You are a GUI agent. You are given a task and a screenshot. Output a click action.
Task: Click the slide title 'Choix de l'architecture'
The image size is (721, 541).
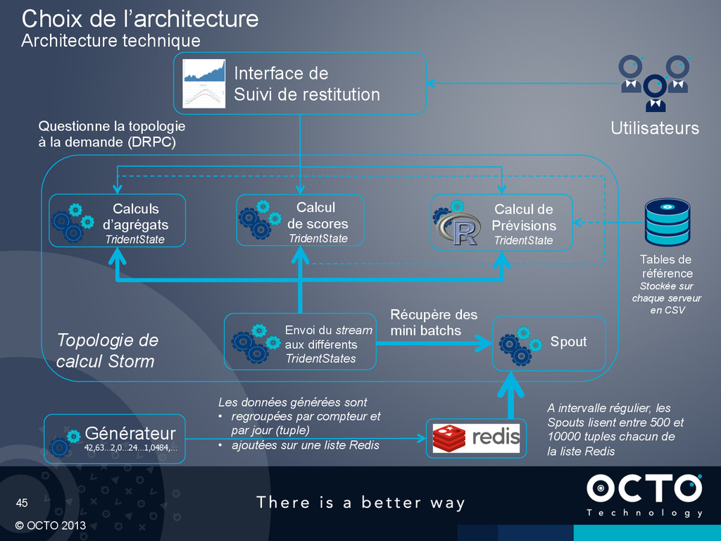point(139,18)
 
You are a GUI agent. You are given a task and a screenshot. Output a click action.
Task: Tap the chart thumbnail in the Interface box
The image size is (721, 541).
point(203,83)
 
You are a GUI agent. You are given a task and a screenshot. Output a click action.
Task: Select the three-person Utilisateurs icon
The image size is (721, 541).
point(654,82)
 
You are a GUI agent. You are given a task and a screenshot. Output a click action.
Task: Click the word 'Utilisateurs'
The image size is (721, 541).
point(654,128)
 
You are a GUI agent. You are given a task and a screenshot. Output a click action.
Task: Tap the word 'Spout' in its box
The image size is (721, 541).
point(568,342)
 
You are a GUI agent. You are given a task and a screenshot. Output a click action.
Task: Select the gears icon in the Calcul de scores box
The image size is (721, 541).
point(256,219)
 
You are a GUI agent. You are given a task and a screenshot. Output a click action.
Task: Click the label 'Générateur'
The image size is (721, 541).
point(130,432)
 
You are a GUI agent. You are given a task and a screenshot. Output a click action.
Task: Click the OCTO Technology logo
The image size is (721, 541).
point(644,495)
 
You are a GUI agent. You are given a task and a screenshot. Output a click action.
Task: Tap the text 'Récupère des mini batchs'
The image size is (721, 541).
point(434,322)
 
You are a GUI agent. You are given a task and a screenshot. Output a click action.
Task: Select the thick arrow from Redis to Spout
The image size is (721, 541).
point(510,394)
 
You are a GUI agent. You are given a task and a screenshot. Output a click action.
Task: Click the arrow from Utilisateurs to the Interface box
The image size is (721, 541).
point(521,84)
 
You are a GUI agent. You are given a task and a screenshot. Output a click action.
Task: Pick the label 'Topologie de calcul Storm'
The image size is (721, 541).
point(107,351)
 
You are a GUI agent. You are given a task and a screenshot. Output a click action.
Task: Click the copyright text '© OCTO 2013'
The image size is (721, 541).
point(51,526)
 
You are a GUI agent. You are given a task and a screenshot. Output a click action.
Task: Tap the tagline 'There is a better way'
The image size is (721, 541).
point(360,502)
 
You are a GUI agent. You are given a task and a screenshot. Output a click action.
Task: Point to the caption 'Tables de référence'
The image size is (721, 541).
point(666,266)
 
